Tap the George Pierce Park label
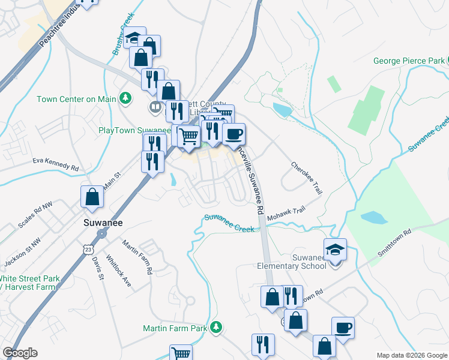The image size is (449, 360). [408, 61]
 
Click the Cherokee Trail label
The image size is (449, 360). [306, 176]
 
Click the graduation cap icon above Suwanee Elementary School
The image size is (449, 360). [335, 249]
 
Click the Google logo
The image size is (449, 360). [20, 353]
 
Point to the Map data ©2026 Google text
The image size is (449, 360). [412, 355]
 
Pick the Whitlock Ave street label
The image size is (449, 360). [118, 272]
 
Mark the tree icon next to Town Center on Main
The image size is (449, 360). [125, 97]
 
